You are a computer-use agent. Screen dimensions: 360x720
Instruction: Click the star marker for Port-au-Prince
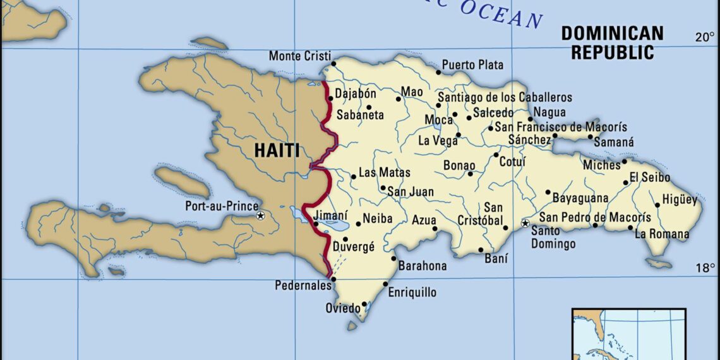point(260,216)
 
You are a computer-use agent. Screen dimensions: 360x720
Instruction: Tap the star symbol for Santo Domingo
point(525,224)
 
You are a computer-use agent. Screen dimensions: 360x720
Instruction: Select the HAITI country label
point(277,150)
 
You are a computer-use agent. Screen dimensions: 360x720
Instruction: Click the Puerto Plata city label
point(472,64)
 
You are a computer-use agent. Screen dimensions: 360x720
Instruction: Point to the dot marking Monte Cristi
point(333,63)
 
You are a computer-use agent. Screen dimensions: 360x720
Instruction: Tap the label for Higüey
point(680,200)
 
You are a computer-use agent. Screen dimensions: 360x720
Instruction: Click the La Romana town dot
point(630,228)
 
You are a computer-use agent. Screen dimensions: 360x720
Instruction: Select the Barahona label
point(423,266)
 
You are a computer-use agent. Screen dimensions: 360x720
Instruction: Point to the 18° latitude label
point(705,268)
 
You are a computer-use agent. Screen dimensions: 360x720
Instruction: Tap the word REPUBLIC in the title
point(612,52)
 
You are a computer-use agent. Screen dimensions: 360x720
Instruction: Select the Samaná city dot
point(591,136)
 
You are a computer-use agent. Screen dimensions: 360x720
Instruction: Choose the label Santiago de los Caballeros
point(505,97)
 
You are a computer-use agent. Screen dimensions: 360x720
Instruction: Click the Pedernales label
point(303,285)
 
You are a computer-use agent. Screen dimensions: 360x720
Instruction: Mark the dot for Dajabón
point(330,98)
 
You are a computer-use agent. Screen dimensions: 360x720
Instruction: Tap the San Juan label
point(411,191)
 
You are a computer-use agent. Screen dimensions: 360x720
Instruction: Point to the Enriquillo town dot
point(385,284)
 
